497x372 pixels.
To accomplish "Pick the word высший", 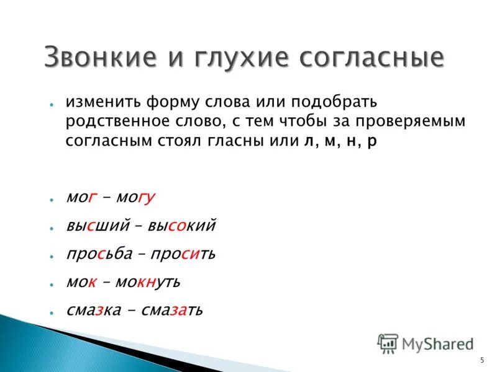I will click(97, 226).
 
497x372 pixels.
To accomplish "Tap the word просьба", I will click(99, 254).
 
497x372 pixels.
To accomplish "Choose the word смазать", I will click(171, 310).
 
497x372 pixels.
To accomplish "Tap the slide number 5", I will click(482, 361).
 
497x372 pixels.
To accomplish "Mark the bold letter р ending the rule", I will click(372, 142).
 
